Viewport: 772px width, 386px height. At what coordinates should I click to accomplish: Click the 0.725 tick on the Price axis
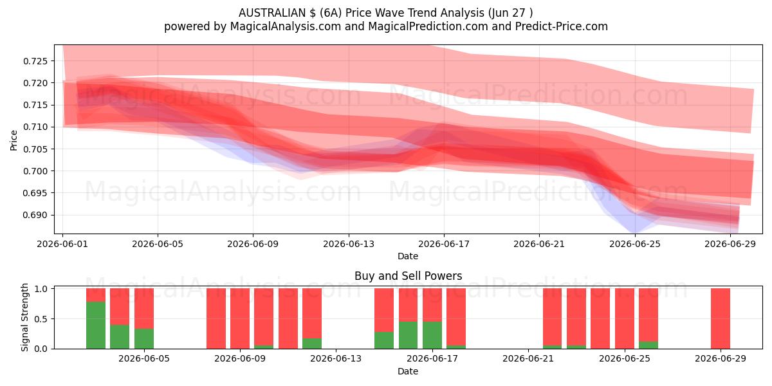(x=35, y=61)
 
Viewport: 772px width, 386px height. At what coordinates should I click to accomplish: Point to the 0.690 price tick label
(x=35, y=216)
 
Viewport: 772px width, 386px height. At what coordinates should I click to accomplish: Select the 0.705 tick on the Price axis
(x=35, y=149)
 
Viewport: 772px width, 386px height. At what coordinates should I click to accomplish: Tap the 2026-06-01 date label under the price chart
(x=62, y=244)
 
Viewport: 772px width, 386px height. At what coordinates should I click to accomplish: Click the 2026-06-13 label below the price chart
(x=349, y=244)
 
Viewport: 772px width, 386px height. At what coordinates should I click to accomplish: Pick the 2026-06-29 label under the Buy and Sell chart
(x=721, y=359)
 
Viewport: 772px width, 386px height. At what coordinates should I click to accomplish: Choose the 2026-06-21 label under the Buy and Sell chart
(x=528, y=359)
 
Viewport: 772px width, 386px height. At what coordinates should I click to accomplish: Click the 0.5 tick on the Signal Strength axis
(x=41, y=319)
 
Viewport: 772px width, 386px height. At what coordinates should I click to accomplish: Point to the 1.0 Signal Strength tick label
(x=41, y=289)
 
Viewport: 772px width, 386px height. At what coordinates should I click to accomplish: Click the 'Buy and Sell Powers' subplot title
(x=408, y=276)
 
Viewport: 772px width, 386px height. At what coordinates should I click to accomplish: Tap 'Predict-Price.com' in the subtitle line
(x=562, y=26)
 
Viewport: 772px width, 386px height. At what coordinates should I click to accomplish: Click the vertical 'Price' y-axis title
(x=14, y=140)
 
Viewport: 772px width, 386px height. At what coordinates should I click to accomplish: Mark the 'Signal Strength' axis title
(x=24, y=317)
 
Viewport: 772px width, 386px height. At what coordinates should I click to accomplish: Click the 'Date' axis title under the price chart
(x=408, y=256)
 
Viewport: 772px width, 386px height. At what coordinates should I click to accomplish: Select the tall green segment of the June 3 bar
(x=96, y=326)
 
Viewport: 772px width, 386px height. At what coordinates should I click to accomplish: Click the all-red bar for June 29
(x=721, y=318)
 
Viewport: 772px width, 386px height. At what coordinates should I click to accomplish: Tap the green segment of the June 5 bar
(x=144, y=339)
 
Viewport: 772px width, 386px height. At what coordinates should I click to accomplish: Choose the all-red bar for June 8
(x=216, y=318)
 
